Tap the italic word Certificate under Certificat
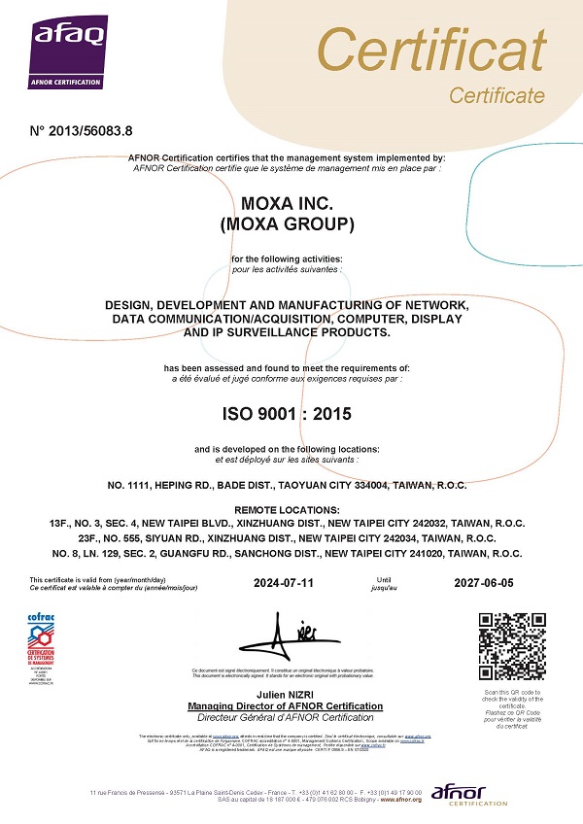497,95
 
